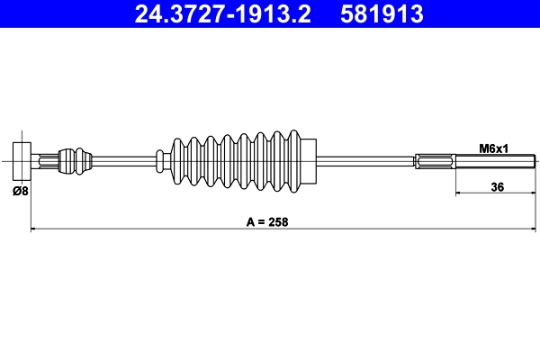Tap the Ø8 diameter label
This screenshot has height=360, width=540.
pyautogui.click(x=20, y=191)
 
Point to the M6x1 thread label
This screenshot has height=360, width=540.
pyautogui.click(x=493, y=148)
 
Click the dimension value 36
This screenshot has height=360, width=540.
pyautogui.click(x=495, y=187)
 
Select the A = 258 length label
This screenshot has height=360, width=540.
pyautogui.click(x=269, y=220)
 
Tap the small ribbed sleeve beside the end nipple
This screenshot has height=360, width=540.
pyautogui.click(x=74, y=162)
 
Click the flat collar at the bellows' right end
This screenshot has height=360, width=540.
pyautogui.click(x=310, y=162)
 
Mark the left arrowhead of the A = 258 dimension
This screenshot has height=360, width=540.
pyautogui.click(x=35, y=229)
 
